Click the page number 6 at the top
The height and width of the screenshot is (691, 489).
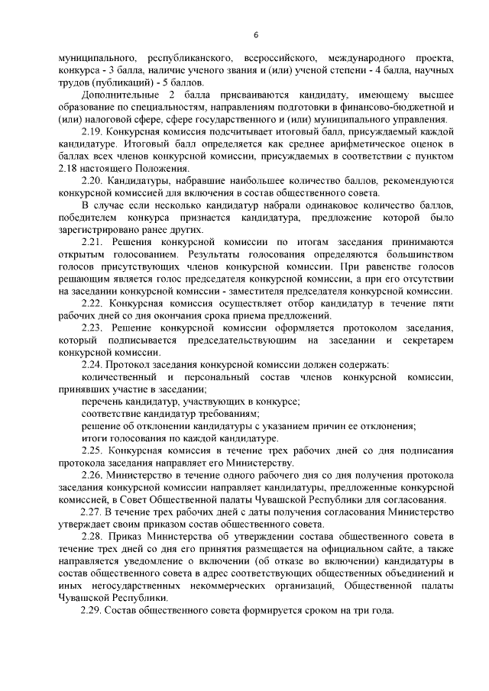(256, 34)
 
